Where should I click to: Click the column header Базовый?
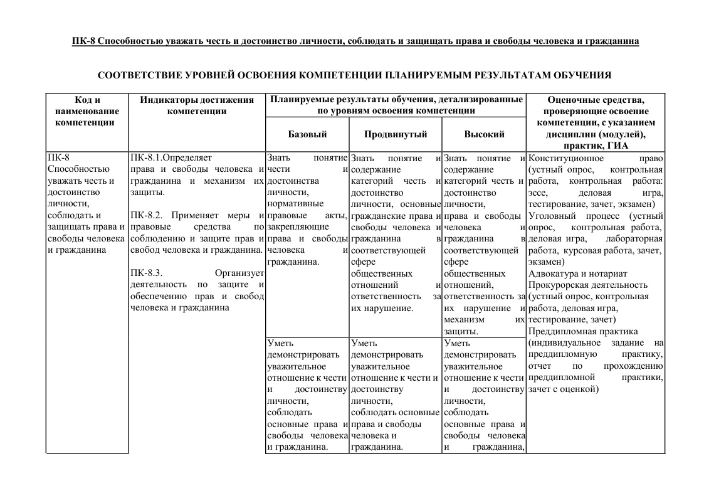(307, 134)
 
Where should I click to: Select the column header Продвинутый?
(395, 134)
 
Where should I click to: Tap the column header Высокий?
(484, 134)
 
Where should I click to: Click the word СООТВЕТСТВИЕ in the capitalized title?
(142, 75)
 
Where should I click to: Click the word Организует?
(238, 273)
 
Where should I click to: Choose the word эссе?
(538, 193)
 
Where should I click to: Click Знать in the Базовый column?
(278, 158)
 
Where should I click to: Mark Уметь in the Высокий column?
(456, 343)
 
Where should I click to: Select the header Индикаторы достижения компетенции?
(197, 105)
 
